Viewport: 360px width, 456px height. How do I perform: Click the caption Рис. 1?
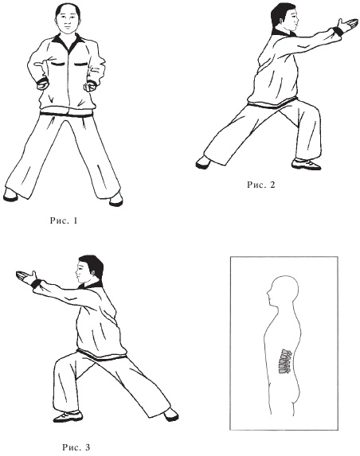64,220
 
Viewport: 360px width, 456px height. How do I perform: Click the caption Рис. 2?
260,185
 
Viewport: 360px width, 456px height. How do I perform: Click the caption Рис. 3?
76,447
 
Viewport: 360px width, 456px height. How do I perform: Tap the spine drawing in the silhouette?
285,361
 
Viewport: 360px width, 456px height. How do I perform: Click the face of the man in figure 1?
68,21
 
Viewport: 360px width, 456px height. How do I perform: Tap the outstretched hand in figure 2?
347,25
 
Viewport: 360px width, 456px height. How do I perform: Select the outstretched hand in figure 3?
25,276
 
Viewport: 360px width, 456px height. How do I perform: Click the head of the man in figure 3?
89,270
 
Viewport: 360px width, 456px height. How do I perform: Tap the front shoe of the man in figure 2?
306,164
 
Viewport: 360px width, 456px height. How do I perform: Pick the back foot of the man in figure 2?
203,162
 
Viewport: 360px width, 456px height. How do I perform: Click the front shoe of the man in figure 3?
68,416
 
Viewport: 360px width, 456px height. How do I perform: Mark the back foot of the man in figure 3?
171,415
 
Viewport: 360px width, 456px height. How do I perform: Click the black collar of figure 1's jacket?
68,42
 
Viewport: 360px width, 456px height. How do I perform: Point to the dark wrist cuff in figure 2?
338,31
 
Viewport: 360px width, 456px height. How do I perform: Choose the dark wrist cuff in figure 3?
36,283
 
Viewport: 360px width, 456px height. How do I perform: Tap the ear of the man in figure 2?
281,21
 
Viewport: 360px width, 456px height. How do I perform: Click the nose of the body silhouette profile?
269,292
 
